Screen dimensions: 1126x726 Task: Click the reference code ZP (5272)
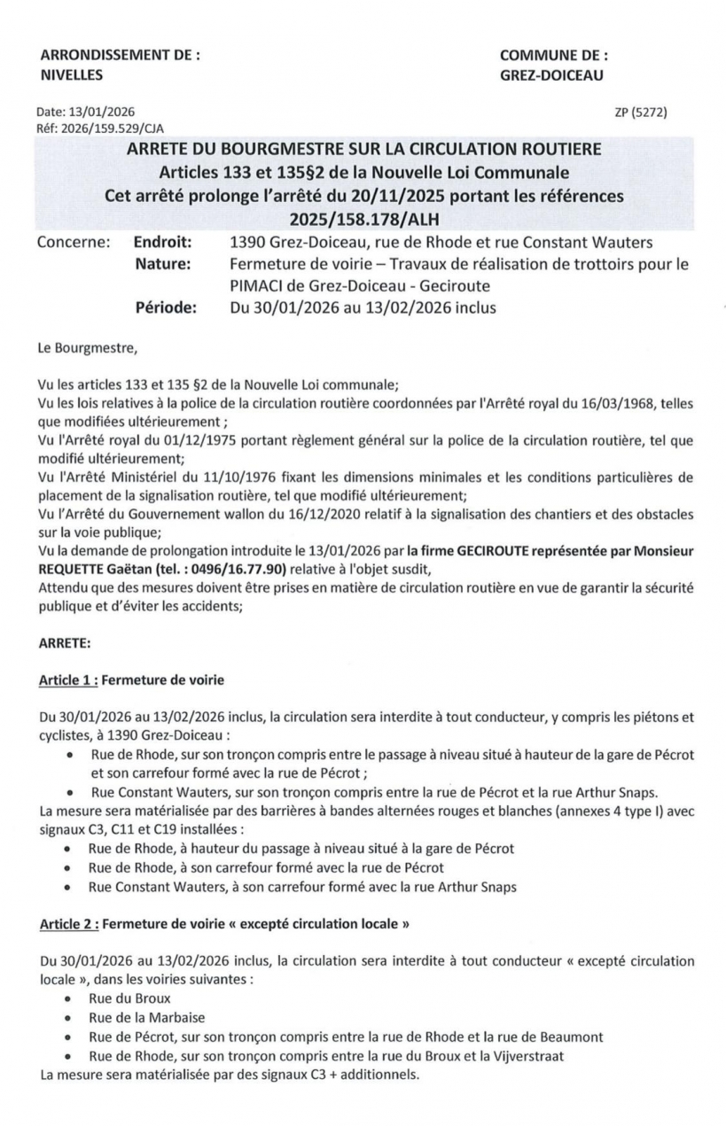pyautogui.click(x=640, y=113)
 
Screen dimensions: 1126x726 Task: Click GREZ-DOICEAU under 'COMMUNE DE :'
pyautogui.click(x=551, y=75)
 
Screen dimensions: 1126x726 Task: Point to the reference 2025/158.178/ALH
pyautogui.click(x=363, y=218)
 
